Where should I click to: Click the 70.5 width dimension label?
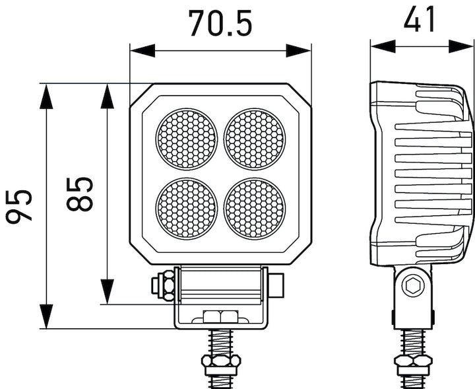pyautogui.click(x=220, y=23)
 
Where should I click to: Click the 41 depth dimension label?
pyautogui.click(x=420, y=20)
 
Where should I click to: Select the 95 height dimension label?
pyautogui.click(x=20, y=206)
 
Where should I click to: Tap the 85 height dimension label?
pyautogui.click(x=80, y=194)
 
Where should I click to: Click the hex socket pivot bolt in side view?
pyautogui.click(x=414, y=286)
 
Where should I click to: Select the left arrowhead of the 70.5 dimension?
pyautogui.click(x=140, y=50)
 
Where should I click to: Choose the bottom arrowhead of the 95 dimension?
pyautogui.click(x=46, y=317)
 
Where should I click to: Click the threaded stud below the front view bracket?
pyautogui.click(x=222, y=342)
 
